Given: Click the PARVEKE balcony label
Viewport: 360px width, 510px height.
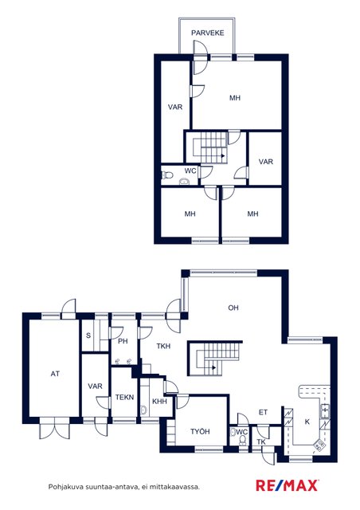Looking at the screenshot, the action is tap(208, 33).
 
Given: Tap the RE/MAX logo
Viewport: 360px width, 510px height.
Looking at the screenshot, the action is tap(288, 485).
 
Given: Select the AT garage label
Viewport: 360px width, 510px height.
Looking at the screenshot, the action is tap(55, 374).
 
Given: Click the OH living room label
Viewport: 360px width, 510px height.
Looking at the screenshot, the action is tap(233, 308).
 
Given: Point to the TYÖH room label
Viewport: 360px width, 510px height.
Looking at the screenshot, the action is tap(200, 432).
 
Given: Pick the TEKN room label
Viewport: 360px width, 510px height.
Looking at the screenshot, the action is tap(124, 397).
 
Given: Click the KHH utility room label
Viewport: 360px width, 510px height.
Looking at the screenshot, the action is tap(159, 402).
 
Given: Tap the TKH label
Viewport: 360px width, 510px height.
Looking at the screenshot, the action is tap(163, 346).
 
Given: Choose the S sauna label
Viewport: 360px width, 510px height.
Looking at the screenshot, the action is tap(88, 335).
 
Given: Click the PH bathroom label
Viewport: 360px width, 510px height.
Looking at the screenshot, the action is tap(123, 341).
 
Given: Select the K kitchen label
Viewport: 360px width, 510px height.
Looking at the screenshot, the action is tap(307, 422).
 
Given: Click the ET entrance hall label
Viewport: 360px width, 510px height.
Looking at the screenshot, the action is tap(263, 413).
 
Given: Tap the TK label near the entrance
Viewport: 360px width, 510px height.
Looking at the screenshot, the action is tap(261, 442).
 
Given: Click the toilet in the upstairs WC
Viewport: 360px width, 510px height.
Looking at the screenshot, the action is tap(166, 175).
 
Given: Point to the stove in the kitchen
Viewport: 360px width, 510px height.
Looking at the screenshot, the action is tap(319, 445).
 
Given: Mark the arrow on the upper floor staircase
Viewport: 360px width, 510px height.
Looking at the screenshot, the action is tap(223, 156).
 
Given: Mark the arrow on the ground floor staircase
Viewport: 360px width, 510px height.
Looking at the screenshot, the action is tap(213, 368).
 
